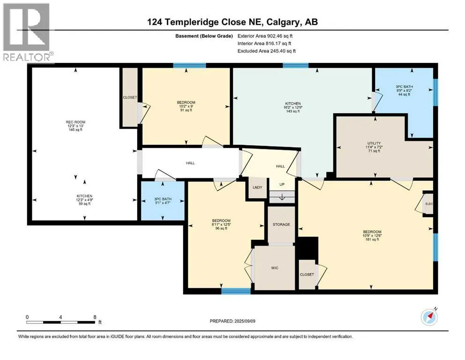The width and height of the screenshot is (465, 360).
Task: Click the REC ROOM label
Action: pos(75,122)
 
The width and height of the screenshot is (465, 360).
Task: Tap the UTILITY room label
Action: pos(374,143)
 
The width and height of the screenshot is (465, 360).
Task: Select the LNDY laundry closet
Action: pos(258,187)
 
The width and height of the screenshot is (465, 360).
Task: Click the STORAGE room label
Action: pos(281,225)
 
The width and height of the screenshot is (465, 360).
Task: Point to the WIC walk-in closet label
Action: pos(274,268)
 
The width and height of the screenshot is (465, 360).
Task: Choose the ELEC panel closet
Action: pos(429,204)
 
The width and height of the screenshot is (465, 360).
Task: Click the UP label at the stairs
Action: pos(282,184)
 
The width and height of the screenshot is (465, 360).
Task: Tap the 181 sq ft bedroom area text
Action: pos(372,240)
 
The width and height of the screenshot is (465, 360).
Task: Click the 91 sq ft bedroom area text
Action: pos(186,110)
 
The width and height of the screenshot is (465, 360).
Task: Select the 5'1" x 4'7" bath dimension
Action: pos(163,203)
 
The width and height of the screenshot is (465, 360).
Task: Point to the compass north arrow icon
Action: pos(429,317)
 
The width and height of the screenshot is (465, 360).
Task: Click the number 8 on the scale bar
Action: pos(95,317)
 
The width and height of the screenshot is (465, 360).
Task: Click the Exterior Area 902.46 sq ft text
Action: pos(265,36)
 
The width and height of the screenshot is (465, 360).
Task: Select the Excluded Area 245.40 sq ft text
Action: pos(266,51)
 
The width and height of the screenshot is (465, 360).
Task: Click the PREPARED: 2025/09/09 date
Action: pos(232,321)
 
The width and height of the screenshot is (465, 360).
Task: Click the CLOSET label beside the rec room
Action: pos(130,97)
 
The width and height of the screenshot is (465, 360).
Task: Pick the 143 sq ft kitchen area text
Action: pos(293,111)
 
